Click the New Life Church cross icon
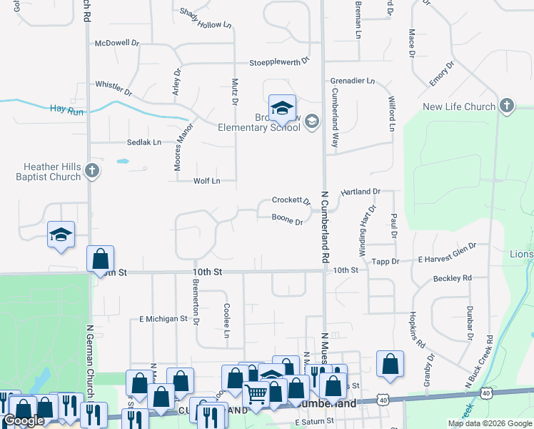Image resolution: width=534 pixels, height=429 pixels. [507, 107]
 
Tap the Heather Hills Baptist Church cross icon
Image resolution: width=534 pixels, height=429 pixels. [91, 170]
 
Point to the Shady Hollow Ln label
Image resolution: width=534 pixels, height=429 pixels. [206, 19]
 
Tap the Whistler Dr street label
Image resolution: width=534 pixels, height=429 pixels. [114, 88]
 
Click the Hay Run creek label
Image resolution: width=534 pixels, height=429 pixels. [66, 109]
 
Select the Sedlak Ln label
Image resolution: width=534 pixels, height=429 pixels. [144, 142]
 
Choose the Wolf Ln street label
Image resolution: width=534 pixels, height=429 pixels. [206, 181]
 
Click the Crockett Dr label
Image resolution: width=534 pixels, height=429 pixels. [291, 201]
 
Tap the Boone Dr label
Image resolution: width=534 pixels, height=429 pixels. [288, 220]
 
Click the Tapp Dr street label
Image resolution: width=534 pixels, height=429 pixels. [386, 262]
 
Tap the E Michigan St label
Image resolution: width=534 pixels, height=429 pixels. [163, 318]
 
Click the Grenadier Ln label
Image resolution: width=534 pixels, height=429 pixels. [352, 82]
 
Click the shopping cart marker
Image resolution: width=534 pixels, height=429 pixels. [256, 393]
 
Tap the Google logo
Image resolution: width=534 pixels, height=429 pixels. [24, 420]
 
